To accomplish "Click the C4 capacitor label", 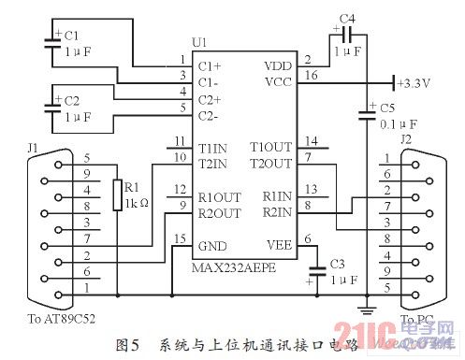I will click(x=347, y=18).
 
